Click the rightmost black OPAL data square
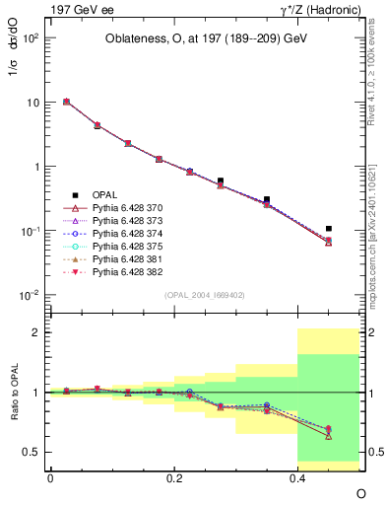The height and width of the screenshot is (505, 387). click(x=329, y=229)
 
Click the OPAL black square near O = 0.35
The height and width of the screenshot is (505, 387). click(x=267, y=199)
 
